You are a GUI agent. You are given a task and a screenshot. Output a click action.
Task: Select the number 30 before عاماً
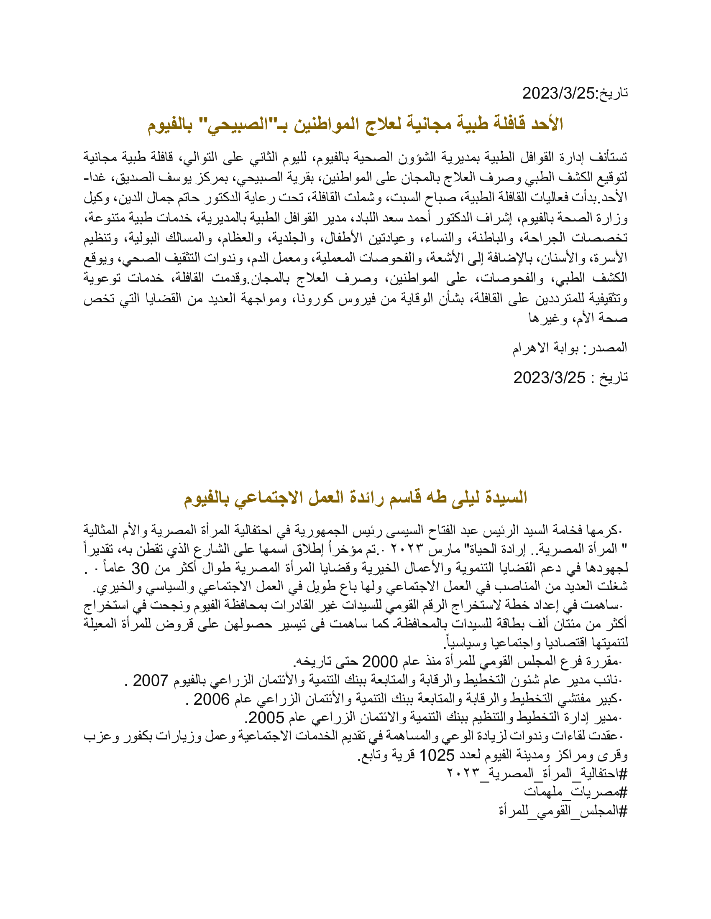point(140,569)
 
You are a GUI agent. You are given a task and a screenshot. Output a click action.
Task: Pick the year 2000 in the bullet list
point(380,662)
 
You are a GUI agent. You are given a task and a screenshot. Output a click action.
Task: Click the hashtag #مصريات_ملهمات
point(575,792)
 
